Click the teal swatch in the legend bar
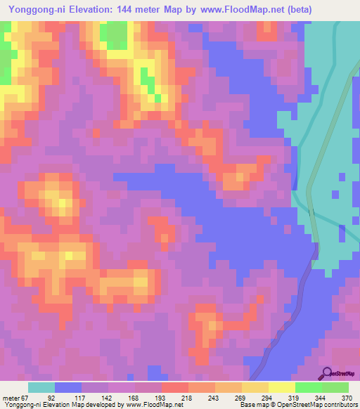pyautogui.click(x=41, y=387)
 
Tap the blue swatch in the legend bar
pyautogui.click(x=68, y=387)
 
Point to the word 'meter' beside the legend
pyautogui.click(x=11, y=398)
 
